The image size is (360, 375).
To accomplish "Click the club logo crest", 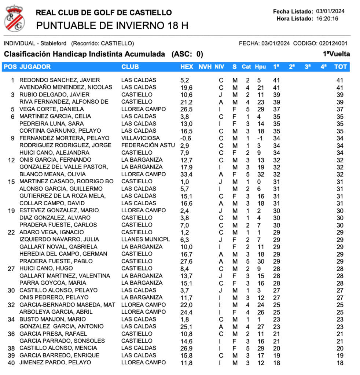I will point(15,18).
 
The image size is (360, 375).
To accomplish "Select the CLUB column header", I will point(130,67).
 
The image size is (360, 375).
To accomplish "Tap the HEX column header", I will point(187,67).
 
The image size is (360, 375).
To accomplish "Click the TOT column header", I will point(341,67).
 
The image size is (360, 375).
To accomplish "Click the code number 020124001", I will point(333,43).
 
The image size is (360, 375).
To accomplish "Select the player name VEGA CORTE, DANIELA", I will point(51,109).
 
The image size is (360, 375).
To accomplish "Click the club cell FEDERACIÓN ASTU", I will point(146,146).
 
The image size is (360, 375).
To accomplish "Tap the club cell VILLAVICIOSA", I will point(140,138).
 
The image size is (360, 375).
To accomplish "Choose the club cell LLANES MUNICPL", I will point(146,240).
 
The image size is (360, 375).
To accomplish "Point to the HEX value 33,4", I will point(186,174).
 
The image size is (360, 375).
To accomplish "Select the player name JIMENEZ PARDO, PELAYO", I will point(55,363).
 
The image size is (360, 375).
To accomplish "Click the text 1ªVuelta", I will point(336,54).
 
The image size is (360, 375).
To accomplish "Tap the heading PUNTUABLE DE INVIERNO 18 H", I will point(112,26).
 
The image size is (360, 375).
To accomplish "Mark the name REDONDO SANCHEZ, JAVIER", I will point(59,80).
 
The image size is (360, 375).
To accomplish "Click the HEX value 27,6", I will point(186,261).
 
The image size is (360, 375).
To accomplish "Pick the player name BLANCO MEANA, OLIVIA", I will point(52,174).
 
